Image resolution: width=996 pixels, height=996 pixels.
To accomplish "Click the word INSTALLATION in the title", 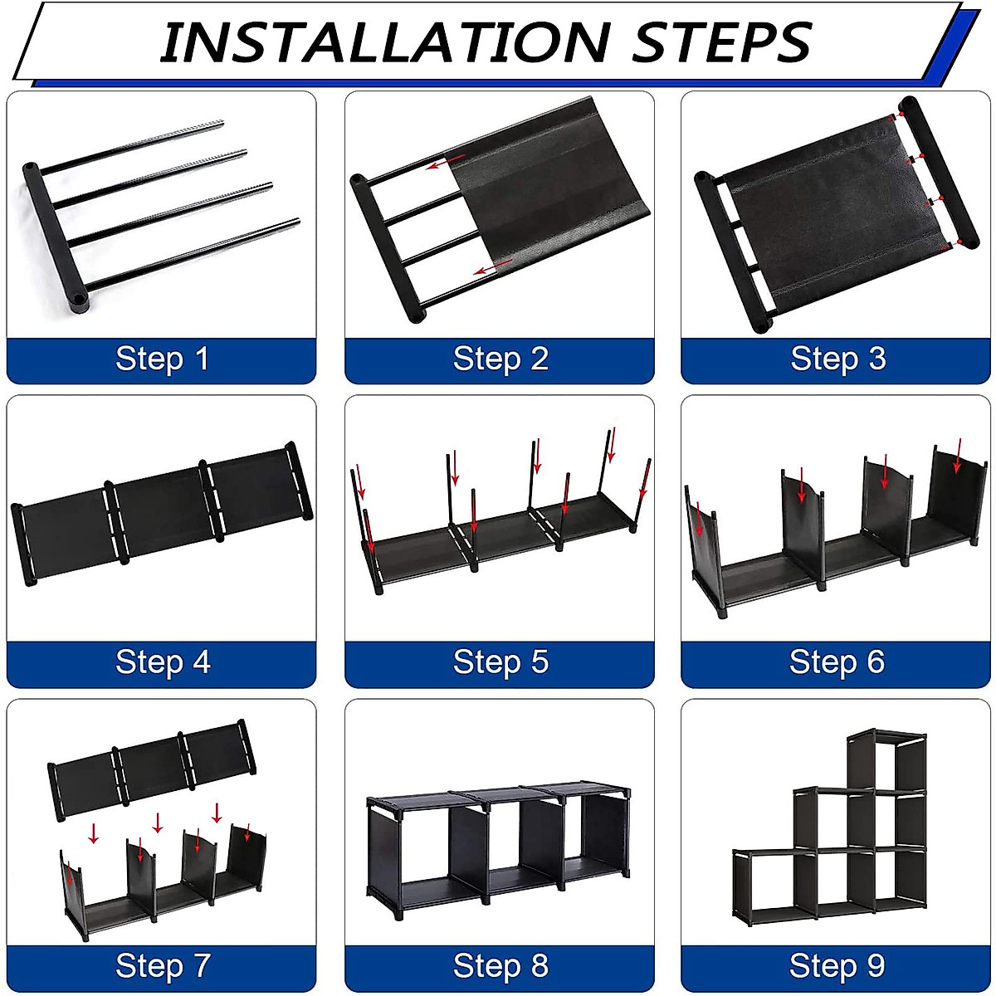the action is (383, 42).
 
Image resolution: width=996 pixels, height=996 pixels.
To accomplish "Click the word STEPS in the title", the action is (721, 42).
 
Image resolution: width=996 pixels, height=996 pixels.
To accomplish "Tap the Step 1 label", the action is (162, 359).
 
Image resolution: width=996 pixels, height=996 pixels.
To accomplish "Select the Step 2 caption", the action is (500, 359).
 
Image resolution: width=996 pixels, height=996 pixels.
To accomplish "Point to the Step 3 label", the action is (837, 359).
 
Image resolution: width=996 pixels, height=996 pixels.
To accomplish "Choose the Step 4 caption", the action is (163, 662).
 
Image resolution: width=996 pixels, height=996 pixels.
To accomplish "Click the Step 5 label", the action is (500, 662).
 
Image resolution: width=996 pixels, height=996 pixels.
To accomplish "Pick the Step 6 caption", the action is (837, 662).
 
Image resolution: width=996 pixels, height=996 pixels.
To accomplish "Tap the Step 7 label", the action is (163, 965).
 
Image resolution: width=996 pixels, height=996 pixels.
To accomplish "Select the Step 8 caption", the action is (500, 965).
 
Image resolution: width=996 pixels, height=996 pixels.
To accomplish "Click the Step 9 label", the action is (837, 965).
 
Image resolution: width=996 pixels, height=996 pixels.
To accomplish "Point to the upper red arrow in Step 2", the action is (446, 161).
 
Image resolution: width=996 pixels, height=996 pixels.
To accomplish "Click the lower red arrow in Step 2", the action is (493, 266).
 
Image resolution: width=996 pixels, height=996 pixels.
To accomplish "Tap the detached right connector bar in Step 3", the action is (939, 172).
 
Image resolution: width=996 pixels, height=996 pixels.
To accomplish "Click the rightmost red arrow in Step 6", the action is (958, 456).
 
